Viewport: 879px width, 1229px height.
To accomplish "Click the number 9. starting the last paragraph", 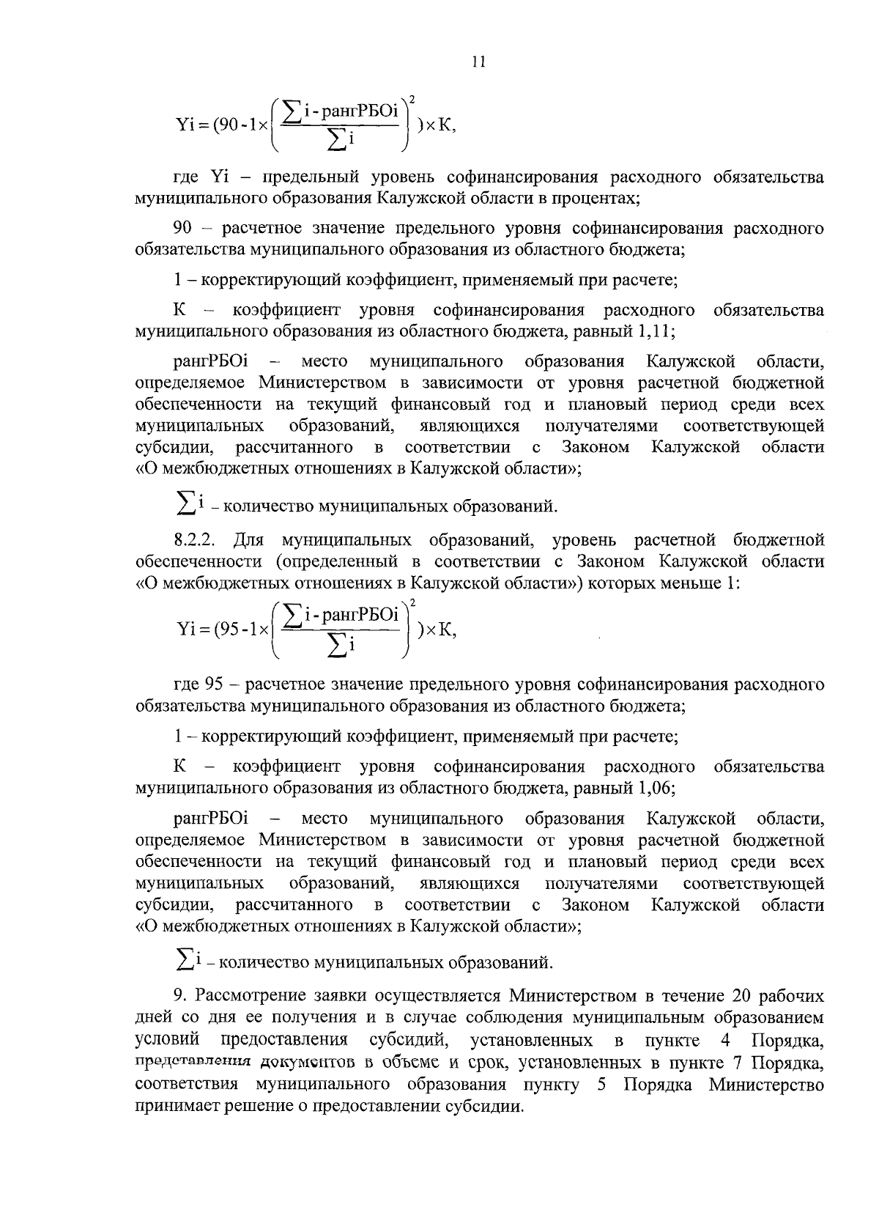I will point(179,996).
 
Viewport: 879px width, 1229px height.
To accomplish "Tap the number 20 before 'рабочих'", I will point(741,996).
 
